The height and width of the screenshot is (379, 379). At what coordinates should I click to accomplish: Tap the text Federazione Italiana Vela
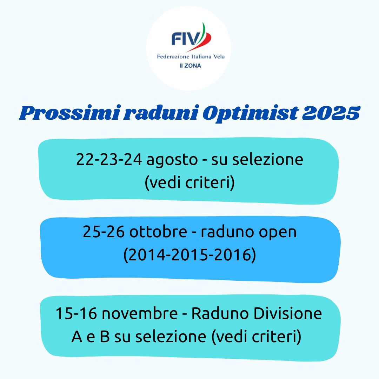coord(191,56)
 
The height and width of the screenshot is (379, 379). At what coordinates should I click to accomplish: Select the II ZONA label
coord(190,66)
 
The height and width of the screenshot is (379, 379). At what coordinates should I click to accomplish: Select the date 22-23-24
coord(109,160)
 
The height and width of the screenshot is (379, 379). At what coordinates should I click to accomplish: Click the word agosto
coord(172,160)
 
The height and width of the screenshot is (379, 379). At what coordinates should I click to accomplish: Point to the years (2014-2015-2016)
coord(189,255)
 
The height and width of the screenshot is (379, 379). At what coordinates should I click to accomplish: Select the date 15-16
coord(76,313)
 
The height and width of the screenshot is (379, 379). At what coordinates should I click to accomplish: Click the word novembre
coord(140,313)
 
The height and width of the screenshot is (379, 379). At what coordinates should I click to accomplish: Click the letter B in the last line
coord(105,337)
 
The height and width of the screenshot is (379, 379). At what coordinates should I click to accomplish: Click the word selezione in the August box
coord(267,160)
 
